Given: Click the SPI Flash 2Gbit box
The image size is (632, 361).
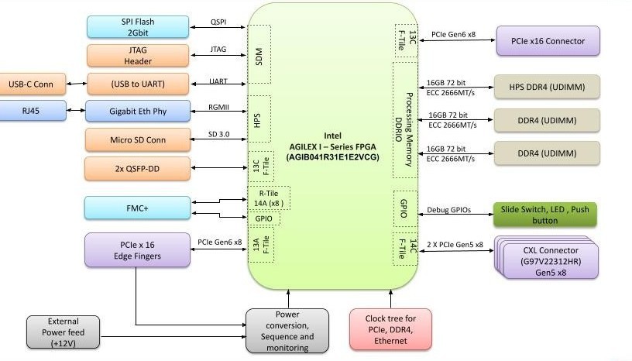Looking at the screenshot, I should (138, 26).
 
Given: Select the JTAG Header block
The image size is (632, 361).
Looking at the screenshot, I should (138, 55).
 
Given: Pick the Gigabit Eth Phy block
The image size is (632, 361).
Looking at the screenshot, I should (138, 112).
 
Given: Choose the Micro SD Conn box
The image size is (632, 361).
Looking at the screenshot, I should (138, 140).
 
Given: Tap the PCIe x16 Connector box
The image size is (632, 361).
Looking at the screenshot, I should (548, 40).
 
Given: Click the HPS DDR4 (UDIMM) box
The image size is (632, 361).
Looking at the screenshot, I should (548, 87).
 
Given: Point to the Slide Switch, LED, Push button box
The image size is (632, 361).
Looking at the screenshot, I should (545, 215).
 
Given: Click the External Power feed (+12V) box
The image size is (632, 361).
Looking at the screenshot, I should (63, 332).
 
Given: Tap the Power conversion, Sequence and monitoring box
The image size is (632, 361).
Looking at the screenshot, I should (284, 331).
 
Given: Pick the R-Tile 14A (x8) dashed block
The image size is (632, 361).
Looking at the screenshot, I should (268, 198).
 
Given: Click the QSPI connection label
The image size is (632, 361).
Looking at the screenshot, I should (218, 22).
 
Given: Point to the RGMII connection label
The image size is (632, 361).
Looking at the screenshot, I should (218, 108).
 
